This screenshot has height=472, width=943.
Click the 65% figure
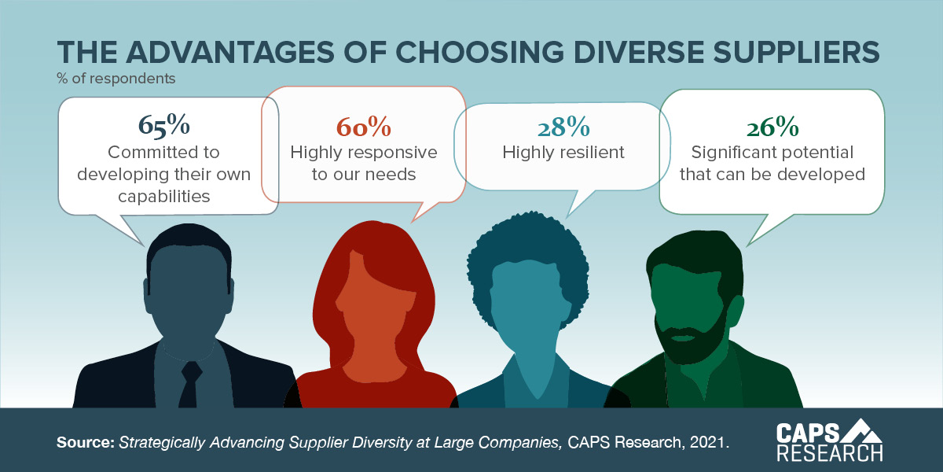pos(164,125)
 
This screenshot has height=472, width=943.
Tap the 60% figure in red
pos(363,127)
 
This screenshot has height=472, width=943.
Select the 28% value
pos(563,127)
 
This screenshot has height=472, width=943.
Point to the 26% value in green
pos(772,127)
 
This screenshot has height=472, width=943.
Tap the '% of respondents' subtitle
pos(116,79)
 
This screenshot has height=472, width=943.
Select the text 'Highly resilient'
pos(563,153)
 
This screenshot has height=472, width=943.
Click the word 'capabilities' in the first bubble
pos(164,196)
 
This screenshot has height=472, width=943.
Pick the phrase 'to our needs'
pos(363,174)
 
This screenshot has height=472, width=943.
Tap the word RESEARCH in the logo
pos(829,453)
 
